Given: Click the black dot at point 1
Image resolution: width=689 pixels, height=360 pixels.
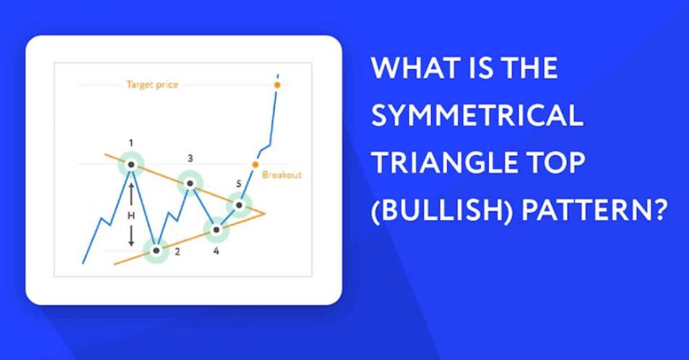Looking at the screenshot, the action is point(131,165).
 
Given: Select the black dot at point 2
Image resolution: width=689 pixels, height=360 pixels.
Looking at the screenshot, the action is point(156,250).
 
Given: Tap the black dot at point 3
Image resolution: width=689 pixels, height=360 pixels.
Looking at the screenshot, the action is point(190,183).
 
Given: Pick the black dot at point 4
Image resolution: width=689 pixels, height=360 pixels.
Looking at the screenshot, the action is point(216,230).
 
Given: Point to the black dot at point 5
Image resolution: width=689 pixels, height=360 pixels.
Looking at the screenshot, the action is point(239,205).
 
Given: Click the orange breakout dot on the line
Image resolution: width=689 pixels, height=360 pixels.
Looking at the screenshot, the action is point(255,165).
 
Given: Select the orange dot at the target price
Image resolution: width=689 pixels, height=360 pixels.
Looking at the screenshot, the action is point(277,85).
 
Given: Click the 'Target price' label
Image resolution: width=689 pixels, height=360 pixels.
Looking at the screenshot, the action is point(152,85).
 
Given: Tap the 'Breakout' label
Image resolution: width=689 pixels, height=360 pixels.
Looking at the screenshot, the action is point(281,175).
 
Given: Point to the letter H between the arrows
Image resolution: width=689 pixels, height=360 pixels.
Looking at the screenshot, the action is point(131,215).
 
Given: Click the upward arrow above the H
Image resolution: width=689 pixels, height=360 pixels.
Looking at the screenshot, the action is point(131,194).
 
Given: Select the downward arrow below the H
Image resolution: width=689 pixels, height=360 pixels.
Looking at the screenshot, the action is point(131,235).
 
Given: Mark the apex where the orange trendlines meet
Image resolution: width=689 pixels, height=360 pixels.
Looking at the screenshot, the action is point(265,214).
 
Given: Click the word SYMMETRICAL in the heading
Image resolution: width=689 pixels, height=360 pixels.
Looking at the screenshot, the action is point(477,116).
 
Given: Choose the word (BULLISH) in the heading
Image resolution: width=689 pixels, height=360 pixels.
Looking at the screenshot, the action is point(442,210).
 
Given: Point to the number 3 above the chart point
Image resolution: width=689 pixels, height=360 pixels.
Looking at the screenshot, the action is point(190,158).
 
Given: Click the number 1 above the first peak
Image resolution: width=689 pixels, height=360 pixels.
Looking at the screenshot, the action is point(131,143).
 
